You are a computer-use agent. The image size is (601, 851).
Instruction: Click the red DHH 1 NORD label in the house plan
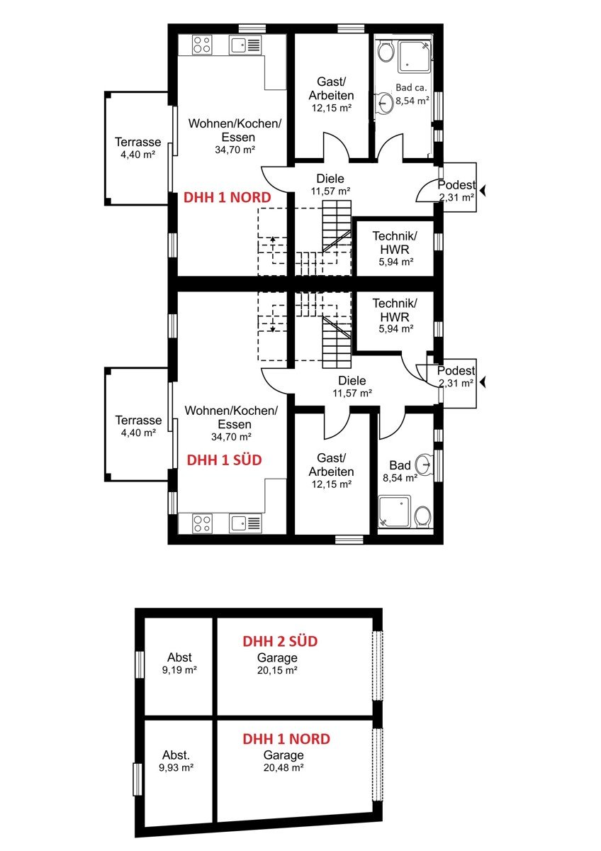(227, 198)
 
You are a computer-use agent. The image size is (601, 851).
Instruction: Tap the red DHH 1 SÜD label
(225, 460)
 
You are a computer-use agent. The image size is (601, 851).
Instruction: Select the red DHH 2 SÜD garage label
(280, 641)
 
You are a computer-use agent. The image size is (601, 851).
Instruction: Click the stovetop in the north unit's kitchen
(201, 45)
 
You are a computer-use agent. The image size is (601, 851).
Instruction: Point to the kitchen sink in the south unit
(245, 523)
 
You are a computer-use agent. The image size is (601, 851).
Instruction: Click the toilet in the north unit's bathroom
(386, 52)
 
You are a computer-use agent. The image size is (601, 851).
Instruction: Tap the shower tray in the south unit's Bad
(395, 511)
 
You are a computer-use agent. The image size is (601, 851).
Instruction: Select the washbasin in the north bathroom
(385, 103)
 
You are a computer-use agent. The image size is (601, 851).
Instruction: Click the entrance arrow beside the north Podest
(483, 190)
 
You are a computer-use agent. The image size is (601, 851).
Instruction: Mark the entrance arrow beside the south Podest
(483, 382)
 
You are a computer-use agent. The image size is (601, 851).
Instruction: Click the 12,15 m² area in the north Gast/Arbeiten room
(332, 108)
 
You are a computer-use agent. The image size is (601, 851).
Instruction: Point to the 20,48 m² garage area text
(283, 768)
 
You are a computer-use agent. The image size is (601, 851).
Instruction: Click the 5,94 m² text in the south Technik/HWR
(395, 328)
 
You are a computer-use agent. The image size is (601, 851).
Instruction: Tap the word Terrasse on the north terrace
(137, 142)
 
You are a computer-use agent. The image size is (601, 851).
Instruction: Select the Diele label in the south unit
(352, 380)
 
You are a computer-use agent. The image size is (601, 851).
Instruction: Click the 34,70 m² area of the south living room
(231, 437)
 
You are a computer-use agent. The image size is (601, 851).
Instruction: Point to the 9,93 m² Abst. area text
(176, 768)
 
